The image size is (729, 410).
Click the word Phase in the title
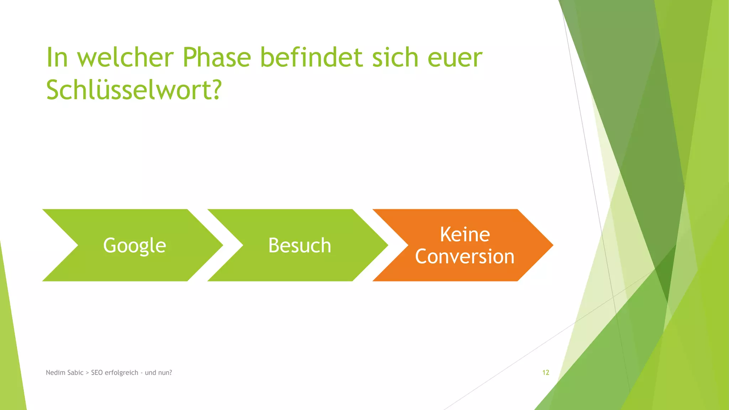point(217,58)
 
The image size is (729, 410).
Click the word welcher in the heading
point(125,58)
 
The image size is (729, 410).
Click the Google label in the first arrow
point(135,246)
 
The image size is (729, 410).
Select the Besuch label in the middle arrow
point(300,246)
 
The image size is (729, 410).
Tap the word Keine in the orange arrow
point(465,235)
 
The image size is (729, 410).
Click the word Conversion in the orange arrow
point(465,257)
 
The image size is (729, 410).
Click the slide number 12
point(546,373)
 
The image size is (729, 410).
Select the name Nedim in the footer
point(54,373)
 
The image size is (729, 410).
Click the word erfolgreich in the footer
point(121,373)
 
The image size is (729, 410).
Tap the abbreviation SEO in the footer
point(97,373)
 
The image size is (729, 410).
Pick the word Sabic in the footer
point(74,373)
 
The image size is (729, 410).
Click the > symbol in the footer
point(87,373)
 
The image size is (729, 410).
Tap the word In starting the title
point(57,58)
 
